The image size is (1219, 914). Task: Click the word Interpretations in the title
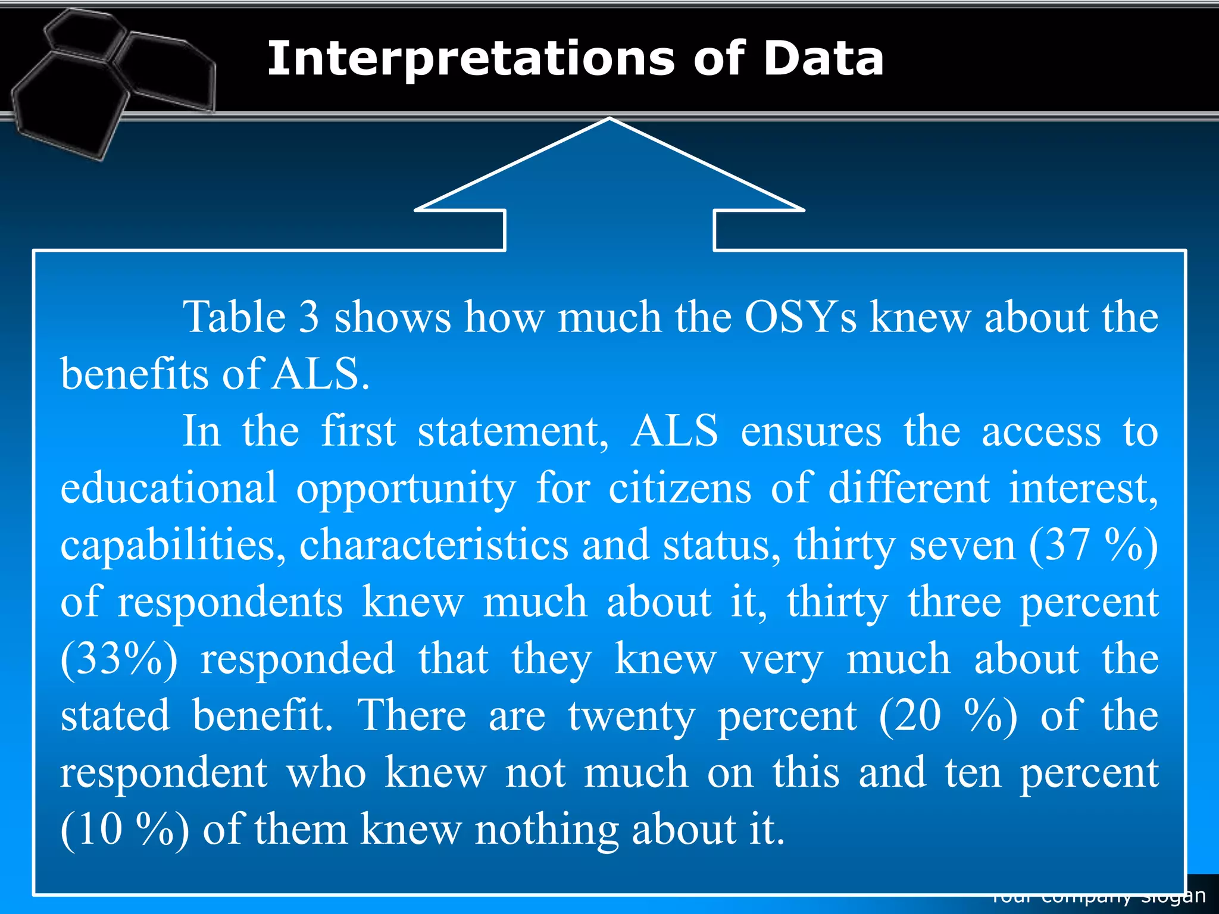click(x=470, y=60)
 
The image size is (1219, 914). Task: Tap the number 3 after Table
click(x=309, y=317)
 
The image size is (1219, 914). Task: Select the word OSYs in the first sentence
click(x=801, y=317)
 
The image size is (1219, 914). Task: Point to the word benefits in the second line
click(x=135, y=374)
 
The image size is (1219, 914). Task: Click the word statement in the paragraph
click(x=513, y=431)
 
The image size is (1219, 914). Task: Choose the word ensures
click(x=811, y=431)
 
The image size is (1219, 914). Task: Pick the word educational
click(x=168, y=488)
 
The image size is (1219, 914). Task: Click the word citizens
click(x=680, y=488)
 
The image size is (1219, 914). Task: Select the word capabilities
click(x=173, y=545)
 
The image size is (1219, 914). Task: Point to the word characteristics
click(x=434, y=545)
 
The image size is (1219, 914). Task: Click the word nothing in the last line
click(x=546, y=830)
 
